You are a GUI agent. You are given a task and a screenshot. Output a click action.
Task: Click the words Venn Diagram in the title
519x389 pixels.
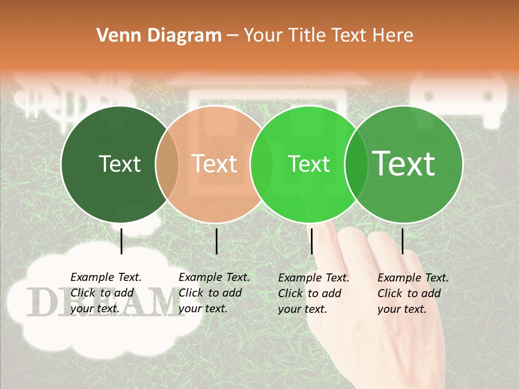159,36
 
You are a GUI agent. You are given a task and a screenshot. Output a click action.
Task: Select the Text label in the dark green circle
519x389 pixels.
119,164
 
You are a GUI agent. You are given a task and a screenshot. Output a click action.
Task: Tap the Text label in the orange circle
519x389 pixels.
215,164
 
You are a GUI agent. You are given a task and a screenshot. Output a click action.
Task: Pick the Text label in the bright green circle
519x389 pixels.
309,164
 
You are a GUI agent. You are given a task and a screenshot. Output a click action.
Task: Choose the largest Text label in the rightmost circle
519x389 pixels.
404,163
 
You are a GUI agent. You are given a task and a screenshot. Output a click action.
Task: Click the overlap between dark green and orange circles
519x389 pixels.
167,164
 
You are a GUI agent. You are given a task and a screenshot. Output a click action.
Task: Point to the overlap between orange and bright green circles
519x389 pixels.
262,164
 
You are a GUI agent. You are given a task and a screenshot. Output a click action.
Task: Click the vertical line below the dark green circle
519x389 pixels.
122,241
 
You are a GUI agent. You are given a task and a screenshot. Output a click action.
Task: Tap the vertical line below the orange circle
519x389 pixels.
216,241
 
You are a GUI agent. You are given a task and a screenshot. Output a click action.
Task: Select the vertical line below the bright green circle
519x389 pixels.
312,241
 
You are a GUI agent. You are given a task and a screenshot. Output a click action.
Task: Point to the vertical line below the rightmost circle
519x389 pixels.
403,241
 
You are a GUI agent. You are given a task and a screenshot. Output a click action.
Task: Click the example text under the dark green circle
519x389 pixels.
106,293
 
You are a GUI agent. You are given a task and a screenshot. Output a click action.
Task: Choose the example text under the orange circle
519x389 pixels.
214,293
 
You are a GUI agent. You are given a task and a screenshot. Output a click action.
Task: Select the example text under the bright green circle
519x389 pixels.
314,293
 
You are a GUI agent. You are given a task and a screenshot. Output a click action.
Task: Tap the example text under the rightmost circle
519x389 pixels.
413,293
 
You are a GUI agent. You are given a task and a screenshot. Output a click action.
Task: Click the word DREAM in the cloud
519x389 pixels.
103,303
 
